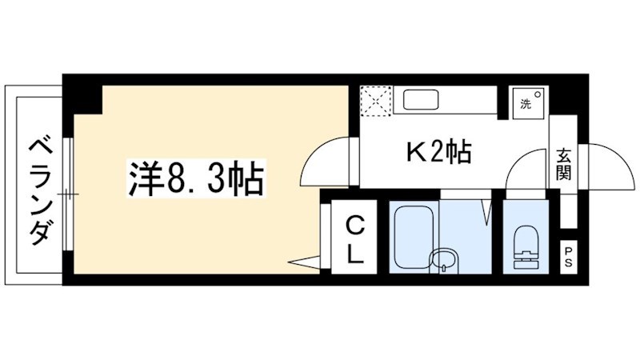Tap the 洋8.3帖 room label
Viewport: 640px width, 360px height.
(x=196, y=178)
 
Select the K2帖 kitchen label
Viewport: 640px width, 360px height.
(x=438, y=152)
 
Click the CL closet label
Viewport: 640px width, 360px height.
(x=355, y=240)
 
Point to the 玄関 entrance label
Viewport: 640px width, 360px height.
(x=563, y=165)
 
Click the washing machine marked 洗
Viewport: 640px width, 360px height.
(x=529, y=102)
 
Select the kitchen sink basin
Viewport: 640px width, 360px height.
(x=421, y=99)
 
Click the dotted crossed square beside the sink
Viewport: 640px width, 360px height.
(x=376, y=101)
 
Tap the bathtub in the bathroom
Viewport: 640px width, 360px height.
(x=414, y=237)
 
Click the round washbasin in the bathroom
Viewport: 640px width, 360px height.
(x=444, y=259)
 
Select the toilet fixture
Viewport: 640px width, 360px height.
(x=526, y=247)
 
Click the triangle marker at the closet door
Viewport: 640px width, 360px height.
(x=304, y=262)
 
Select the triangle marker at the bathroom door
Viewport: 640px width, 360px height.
(x=486, y=211)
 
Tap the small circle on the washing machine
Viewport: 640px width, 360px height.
(x=538, y=94)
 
